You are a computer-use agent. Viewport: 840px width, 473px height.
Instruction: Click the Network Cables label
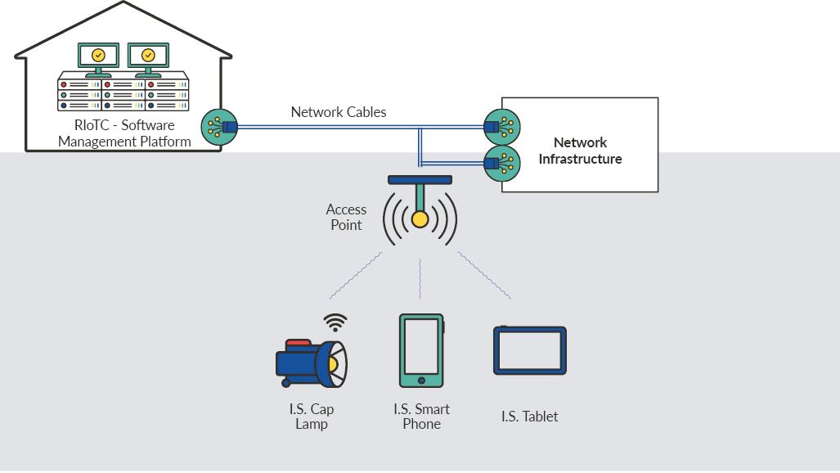click(339, 112)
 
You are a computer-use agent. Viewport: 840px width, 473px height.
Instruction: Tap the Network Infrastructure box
click(580, 151)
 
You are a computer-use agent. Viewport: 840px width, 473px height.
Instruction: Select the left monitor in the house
click(98, 56)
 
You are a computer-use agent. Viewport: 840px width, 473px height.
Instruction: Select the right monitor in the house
click(147, 56)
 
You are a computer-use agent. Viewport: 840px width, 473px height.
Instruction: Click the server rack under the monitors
click(124, 94)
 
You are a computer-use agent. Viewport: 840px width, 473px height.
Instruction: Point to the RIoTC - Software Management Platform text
click(124, 133)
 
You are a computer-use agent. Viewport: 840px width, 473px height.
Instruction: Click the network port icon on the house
click(218, 127)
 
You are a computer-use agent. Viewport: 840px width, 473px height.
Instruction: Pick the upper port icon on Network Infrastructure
click(501, 126)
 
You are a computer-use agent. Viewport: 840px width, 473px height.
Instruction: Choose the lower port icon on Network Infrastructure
click(501, 163)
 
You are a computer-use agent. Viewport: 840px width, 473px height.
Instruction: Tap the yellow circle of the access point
click(420, 219)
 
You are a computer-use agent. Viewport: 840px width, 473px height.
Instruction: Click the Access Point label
click(346, 217)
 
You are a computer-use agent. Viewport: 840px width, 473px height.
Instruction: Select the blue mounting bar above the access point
click(420, 180)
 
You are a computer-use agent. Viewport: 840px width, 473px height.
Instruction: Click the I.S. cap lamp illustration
click(312, 363)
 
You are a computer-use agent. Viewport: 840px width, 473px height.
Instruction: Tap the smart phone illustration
click(421, 350)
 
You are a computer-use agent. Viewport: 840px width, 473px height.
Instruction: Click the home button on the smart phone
click(421, 380)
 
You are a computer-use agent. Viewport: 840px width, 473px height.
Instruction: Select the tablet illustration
click(530, 350)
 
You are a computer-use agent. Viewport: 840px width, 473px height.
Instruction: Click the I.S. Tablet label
click(530, 417)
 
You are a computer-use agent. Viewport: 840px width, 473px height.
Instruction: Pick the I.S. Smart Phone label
click(421, 417)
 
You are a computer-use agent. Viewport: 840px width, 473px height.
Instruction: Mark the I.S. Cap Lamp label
click(312, 417)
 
